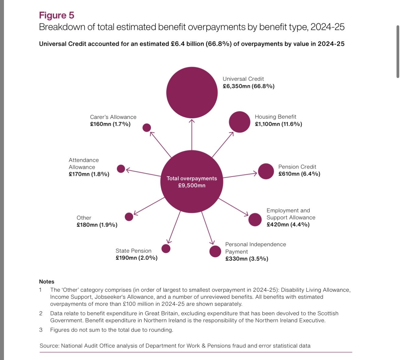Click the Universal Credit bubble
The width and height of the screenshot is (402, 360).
coord(192,93)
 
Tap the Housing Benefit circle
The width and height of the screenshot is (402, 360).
coord(239,122)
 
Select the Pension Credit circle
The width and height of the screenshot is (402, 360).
coord(266,171)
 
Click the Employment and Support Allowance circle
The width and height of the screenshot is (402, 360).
coord(255,220)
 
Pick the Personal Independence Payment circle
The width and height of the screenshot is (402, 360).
coord(215,251)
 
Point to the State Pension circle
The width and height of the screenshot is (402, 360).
coord(166,249)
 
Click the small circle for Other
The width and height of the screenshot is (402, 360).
coord(129,217)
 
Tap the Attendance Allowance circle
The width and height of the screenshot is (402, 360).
coord(121,169)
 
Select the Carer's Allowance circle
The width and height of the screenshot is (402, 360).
coord(146,128)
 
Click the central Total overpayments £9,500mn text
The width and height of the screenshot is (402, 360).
coord(192,182)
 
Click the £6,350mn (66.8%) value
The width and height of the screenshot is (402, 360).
coord(249,86)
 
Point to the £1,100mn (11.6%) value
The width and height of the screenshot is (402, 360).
coord(278,124)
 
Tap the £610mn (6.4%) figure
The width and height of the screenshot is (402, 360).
coord(299,174)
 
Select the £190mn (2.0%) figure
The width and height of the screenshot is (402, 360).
coord(136,258)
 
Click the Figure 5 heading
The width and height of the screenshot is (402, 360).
coord(57,15)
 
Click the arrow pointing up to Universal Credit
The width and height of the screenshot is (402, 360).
coord(192,134)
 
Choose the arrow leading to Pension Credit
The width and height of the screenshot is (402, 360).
coord(241,175)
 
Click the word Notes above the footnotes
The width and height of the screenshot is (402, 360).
coord(47,282)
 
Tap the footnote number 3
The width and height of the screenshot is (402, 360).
coord(41,330)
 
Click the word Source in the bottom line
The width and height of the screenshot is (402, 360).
coord(49,346)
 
